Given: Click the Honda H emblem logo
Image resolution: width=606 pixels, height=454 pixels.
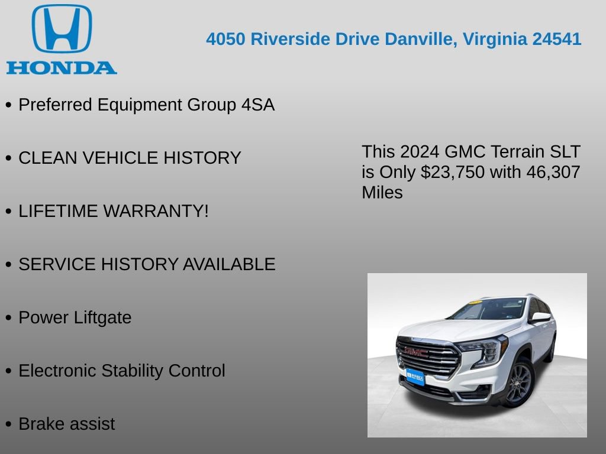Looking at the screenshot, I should pos(62,29).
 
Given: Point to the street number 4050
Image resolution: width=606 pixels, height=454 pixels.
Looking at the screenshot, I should pos(226,39).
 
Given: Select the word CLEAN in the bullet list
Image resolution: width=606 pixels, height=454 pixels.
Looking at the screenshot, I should pos(48,158).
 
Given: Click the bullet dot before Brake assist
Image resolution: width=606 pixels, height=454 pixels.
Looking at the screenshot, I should pos(8,424).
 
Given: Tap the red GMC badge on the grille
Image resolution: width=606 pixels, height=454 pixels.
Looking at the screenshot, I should pos(417,352).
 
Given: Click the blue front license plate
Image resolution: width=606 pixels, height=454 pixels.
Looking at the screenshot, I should pos(415,376).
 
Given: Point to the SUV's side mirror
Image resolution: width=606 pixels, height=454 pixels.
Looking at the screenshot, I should pos(540,317).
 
